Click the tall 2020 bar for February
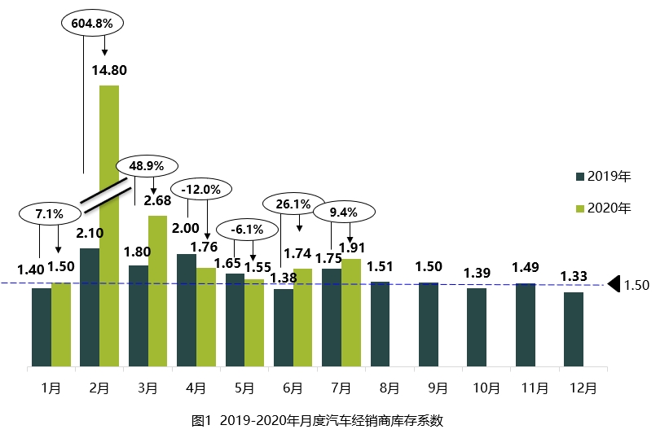[x=109, y=226]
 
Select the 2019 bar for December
[x=574, y=329]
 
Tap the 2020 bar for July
[x=350, y=313]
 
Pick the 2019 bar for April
[x=187, y=310]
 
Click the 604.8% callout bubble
[x=91, y=23]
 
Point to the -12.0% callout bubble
[x=200, y=189]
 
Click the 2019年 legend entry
[x=604, y=176]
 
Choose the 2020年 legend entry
[x=604, y=208]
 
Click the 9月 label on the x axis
[x=438, y=388]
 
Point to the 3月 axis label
[x=147, y=388]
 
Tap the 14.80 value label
[x=109, y=69]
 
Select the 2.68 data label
[x=157, y=200]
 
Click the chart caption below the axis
[x=317, y=421]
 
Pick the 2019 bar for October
[x=477, y=327]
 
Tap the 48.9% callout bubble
[x=147, y=165]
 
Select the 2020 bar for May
[x=254, y=323]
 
